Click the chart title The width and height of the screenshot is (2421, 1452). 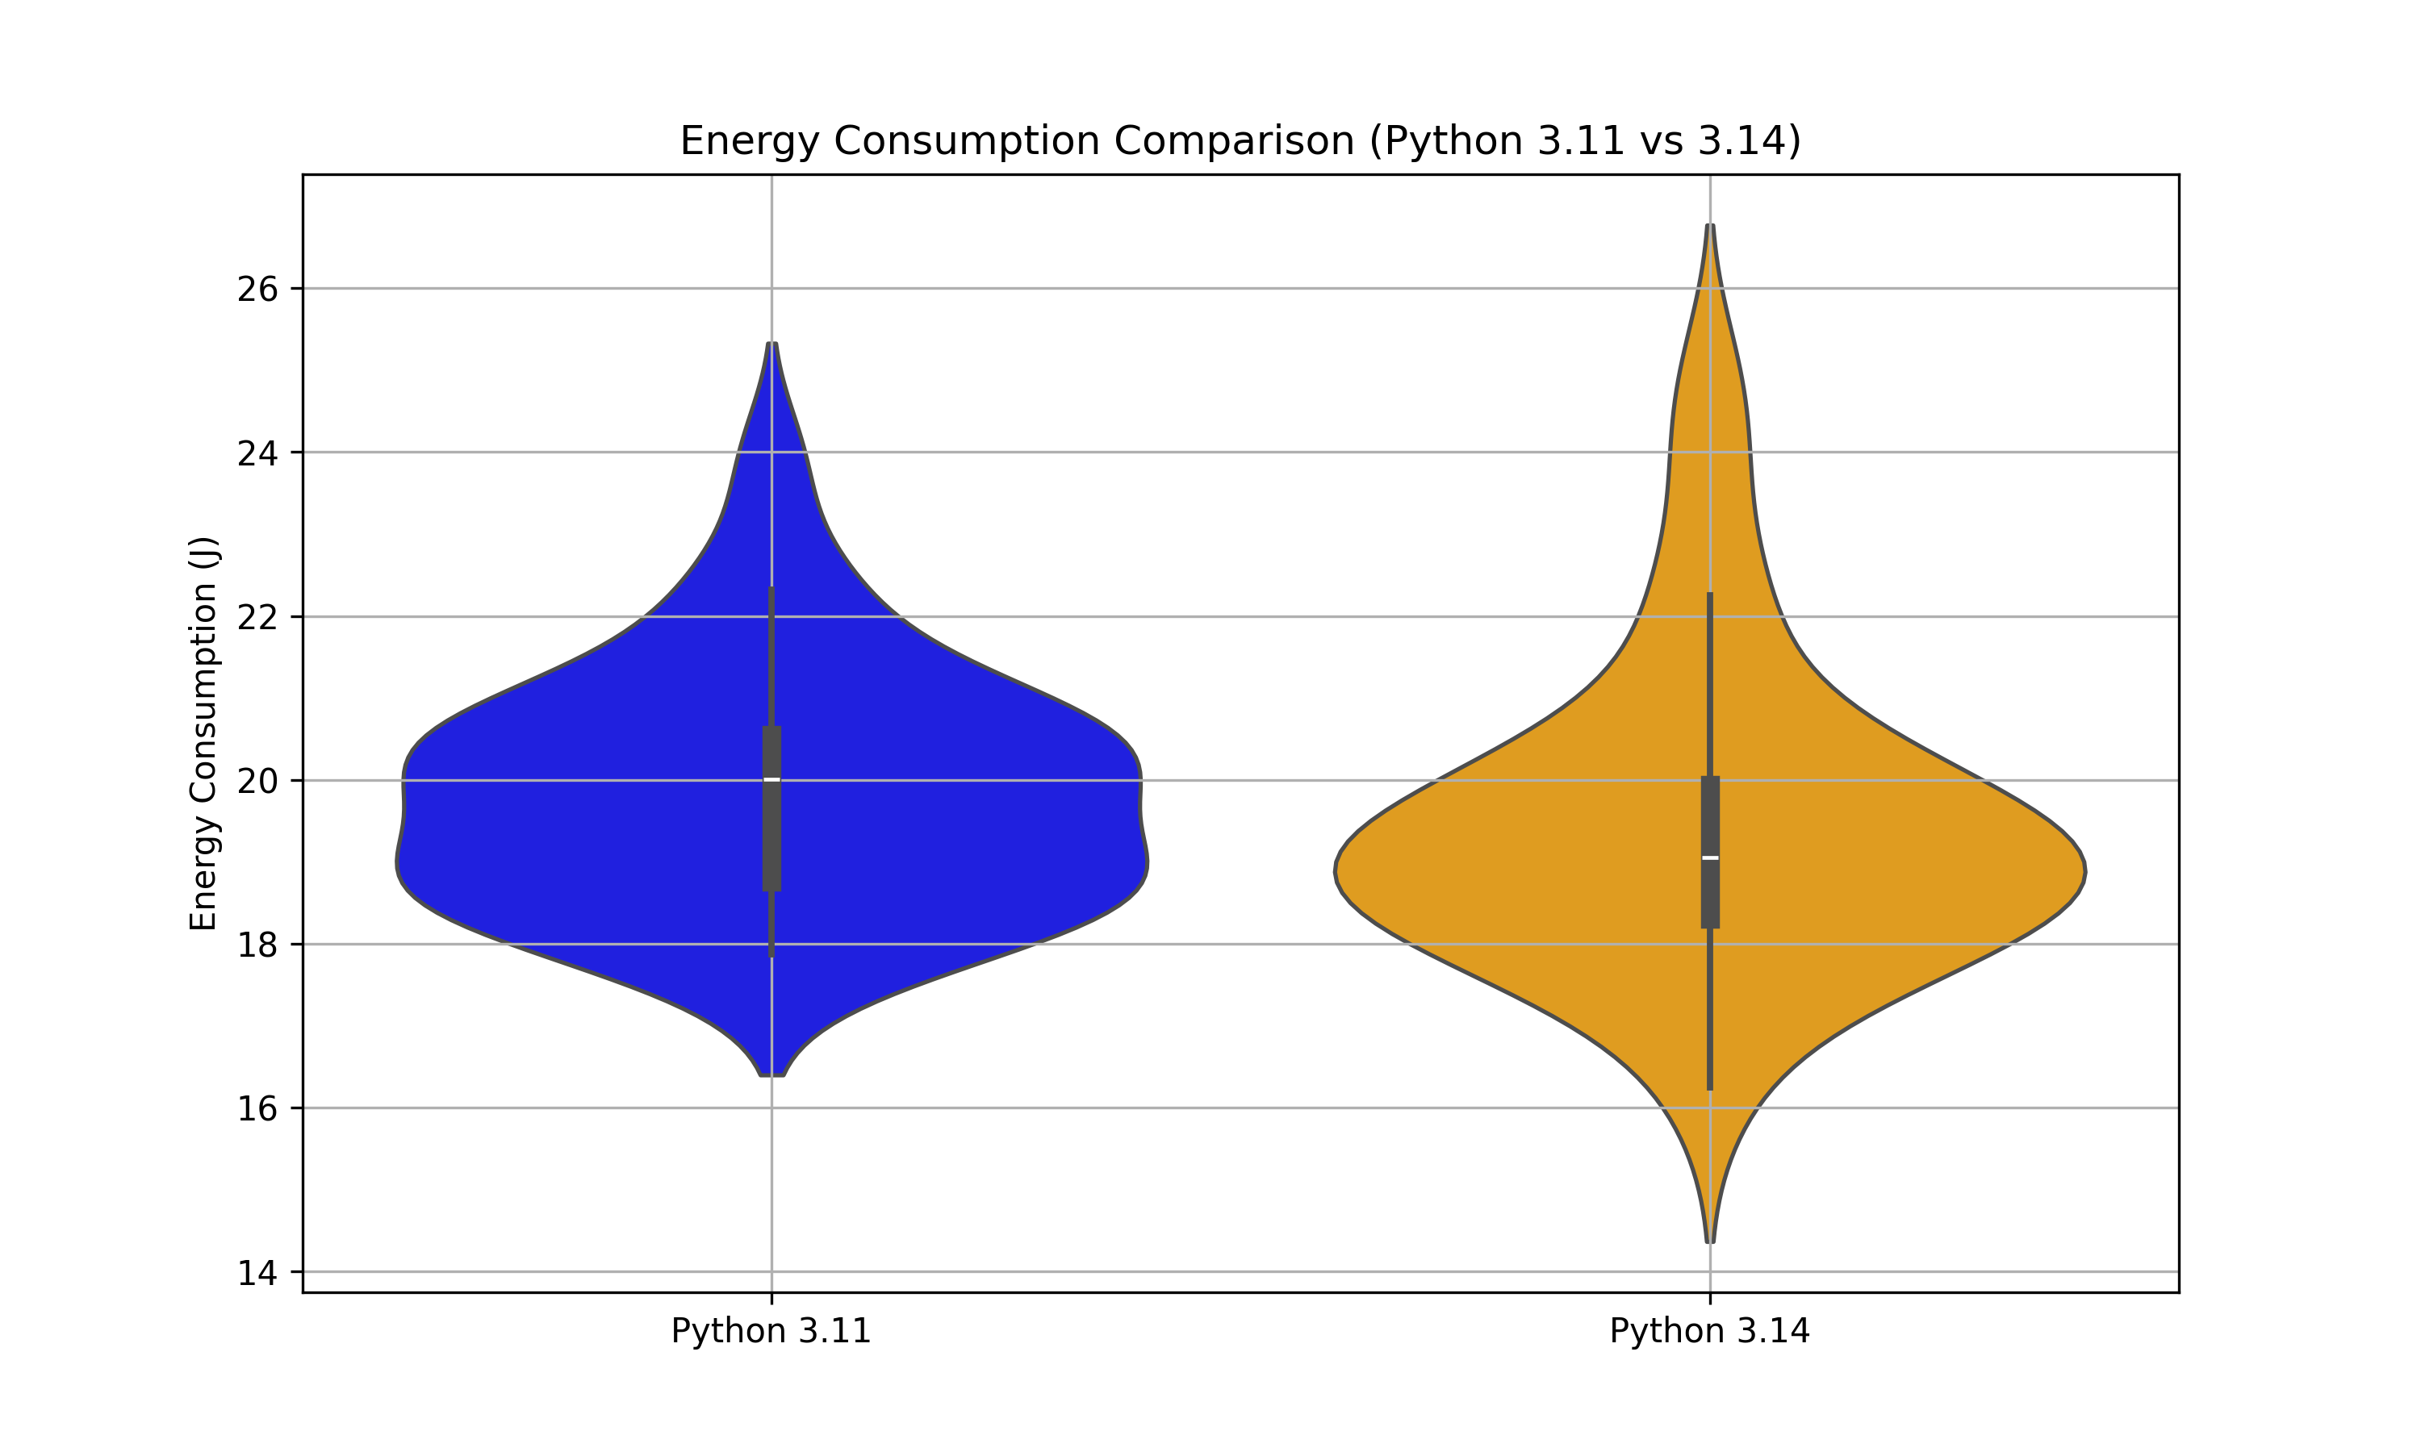(x=1240, y=141)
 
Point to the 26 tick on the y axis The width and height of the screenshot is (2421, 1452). (x=257, y=290)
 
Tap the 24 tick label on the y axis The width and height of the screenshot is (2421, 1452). (x=257, y=454)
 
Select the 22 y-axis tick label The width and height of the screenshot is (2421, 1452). (x=257, y=619)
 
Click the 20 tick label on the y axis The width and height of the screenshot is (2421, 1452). (x=257, y=782)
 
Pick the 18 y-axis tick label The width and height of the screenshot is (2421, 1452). (x=257, y=946)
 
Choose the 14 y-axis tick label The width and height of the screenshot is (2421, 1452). (x=257, y=1274)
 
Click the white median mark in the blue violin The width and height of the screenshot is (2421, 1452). (x=771, y=780)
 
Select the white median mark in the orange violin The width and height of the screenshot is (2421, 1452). (x=1709, y=858)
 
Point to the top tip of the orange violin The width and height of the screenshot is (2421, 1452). (x=1709, y=227)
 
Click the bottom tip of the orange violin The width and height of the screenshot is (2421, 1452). (x=1709, y=1240)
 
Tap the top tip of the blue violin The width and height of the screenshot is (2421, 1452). (x=772, y=345)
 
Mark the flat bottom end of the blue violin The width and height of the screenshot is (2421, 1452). (x=772, y=1074)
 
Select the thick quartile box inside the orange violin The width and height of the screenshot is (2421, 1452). (x=1709, y=891)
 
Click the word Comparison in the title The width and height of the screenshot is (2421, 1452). (x=1235, y=141)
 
